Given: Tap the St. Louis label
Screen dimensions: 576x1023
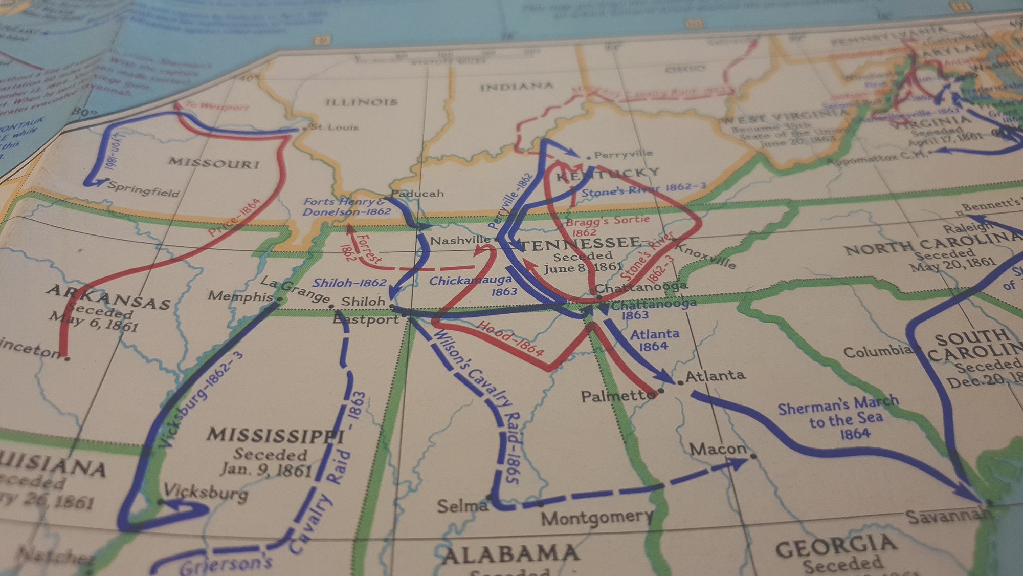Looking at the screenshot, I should (335, 127).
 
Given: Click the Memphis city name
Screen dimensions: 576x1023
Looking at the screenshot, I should (240, 296).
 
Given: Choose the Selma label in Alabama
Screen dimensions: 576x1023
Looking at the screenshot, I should (462, 506).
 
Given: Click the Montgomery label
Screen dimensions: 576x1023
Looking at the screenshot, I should (596, 518).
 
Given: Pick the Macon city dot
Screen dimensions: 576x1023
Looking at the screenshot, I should (753, 456).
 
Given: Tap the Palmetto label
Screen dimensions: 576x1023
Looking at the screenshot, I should (618, 396).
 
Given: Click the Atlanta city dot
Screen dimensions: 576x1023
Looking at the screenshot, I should (680, 382).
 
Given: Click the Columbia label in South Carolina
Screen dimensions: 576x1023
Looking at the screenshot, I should (877, 352).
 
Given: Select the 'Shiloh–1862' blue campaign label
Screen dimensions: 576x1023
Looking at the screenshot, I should (349, 283).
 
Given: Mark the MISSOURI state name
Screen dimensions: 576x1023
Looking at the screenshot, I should (214, 163).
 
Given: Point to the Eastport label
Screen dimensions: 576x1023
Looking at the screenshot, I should (366, 319).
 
